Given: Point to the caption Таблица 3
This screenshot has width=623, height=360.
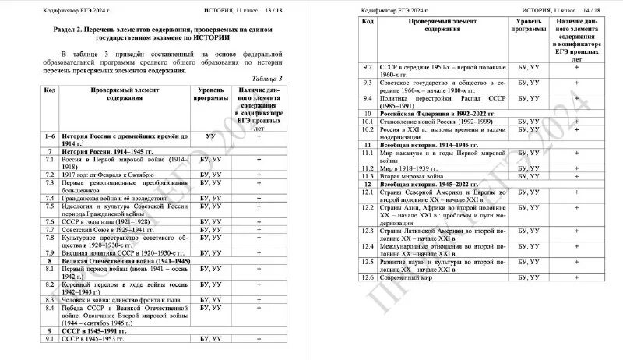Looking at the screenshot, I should pyautogui.click(x=269, y=79).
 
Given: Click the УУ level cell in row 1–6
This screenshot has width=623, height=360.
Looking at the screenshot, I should pyautogui.click(x=210, y=136).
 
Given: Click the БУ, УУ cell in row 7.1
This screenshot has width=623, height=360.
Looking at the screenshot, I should pyautogui.click(x=210, y=158).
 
